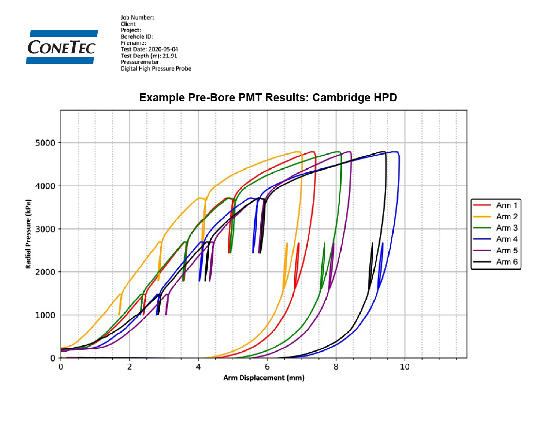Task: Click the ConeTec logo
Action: point(62,47)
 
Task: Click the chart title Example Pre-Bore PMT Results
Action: point(268,97)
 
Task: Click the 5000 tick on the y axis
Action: point(45,143)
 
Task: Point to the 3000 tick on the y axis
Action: point(45,229)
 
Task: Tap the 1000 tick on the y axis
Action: point(45,315)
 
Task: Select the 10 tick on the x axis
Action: point(405,367)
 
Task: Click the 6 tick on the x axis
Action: point(267,367)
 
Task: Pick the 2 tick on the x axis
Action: point(130,367)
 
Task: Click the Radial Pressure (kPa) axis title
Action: point(28,234)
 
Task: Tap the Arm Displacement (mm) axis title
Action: point(264,378)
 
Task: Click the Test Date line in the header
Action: point(149,49)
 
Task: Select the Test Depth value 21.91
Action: point(170,56)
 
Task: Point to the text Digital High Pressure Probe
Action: point(156,69)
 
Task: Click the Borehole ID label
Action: point(137,36)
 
